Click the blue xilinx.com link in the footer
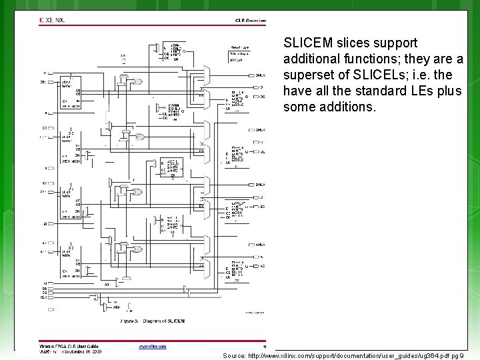(153, 346)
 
